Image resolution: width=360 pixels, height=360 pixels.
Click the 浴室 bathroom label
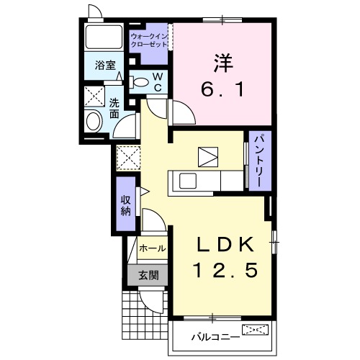pyautogui.click(x=105, y=66)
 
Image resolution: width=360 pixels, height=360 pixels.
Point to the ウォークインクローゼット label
pyautogui.click(x=149, y=40)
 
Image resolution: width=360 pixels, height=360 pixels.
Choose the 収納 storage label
pyautogui.click(x=126, y=204)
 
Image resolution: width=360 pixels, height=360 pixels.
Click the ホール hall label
pyautogui.click(x=152, y=248)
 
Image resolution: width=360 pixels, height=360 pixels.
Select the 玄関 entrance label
pyautogui.click(x=149, y=275)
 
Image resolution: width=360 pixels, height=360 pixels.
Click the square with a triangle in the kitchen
pyautogui.click(x=207, y=156)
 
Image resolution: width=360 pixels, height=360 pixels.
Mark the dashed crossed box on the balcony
pyautogui.click(x=257, y=331)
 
